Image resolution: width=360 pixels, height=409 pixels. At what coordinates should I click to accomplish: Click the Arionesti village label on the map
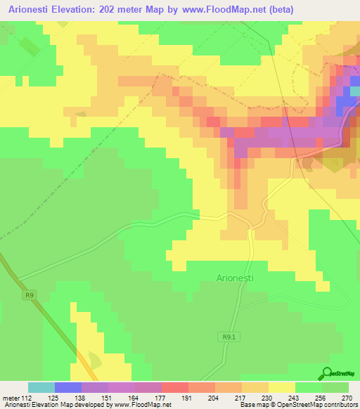pyautogui.click(x=235, y=278)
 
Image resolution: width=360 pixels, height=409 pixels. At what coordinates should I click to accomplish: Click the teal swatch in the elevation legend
pyautogui.click(x=41, y=387)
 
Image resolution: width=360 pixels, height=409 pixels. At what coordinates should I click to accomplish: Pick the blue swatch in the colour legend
pyautogui.click(x=68, y=387)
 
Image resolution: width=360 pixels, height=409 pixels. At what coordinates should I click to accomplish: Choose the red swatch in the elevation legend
pyautogui.click(x=175, y=387)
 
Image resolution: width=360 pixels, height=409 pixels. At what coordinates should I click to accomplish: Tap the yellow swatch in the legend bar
pyautogui.click(x=282, y=387)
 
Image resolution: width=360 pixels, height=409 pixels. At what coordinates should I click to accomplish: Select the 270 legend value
pyautogui.click(x=347, y=397)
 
